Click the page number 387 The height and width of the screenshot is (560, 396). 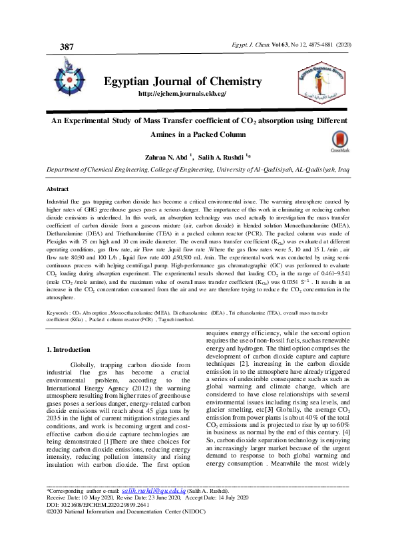click(x=67, y=47)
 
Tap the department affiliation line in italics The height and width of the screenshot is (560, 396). click(x=198, y=170)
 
